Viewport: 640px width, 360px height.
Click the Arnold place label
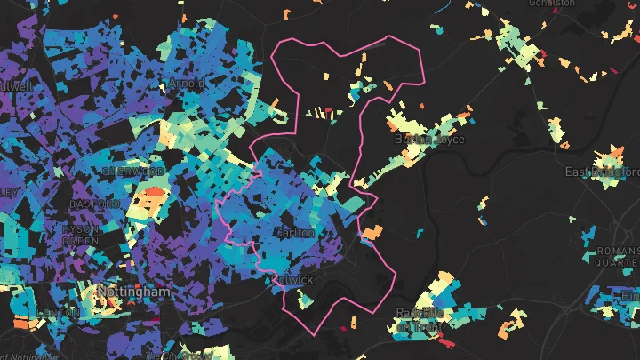coord(187,84)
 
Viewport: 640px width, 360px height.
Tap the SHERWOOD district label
coord(133,171)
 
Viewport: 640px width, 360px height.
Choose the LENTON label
coord(57,313)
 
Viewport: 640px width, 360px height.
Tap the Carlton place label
coord(294,233)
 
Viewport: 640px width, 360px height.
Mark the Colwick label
coord(294,279)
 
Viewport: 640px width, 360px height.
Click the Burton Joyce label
coord(429,139)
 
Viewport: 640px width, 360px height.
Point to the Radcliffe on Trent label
coord(418,318)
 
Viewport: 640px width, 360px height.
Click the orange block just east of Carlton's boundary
coord(372,232)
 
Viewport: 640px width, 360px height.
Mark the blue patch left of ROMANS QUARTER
coord(588,235)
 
